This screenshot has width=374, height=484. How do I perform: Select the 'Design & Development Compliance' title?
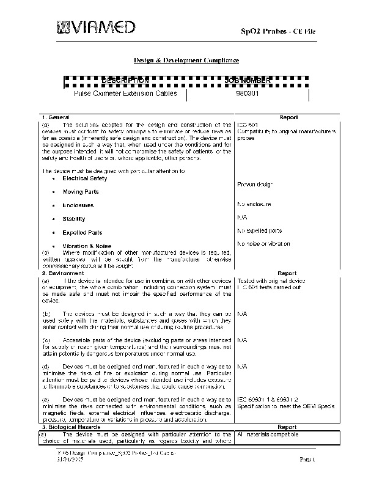pos(186,60)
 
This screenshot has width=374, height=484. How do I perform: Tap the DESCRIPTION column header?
pos(125,81)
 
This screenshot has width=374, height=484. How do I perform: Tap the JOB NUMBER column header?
pos(247,81)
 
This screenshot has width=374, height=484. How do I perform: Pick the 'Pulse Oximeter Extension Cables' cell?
pos(125,94)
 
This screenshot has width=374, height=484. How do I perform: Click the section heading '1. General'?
pos(56,117)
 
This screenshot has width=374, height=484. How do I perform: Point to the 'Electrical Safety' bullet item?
pos(85,178)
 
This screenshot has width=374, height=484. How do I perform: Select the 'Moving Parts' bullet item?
pos(81,192)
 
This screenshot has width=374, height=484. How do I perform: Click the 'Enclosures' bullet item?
pos(78,205)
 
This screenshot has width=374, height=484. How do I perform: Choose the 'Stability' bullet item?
pos(74,219)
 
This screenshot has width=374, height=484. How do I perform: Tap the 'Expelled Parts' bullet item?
pos(82,233)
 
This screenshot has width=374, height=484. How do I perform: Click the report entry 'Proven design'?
pos(255,184)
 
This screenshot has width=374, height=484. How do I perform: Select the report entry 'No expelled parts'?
pos(260,230)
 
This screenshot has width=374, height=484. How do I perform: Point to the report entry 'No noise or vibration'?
pos(263,244)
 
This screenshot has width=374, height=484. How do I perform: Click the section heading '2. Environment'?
pos(61,273)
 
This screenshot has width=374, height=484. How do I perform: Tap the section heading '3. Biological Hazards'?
pos(70,427)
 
